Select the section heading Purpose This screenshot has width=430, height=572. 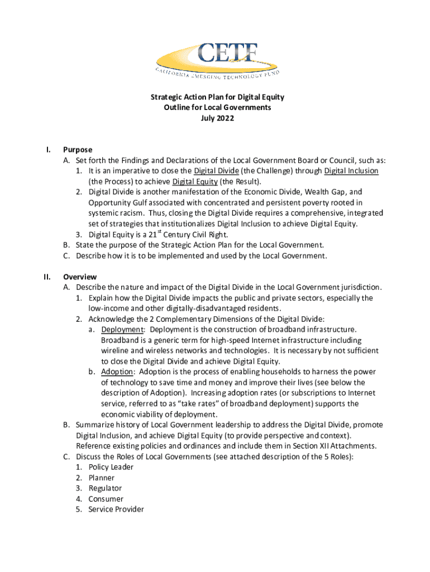78,150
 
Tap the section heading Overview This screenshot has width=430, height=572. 80,277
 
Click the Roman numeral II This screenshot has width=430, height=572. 48,277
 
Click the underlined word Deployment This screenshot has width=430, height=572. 122,330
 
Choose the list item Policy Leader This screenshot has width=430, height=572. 111,467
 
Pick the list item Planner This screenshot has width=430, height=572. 101,478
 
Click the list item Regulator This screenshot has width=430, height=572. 105,488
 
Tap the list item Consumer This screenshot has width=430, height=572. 106,499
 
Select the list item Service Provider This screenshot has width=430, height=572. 116,509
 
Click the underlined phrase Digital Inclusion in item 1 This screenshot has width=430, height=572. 351,171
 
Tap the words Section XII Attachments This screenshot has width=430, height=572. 332,446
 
